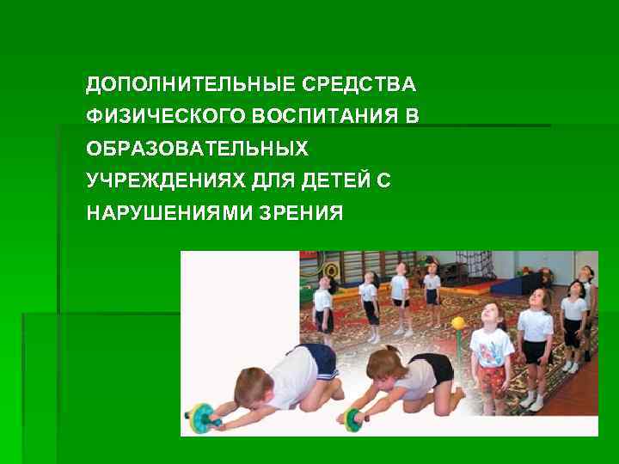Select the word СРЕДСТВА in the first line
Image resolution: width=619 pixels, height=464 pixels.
[x=361, y=85]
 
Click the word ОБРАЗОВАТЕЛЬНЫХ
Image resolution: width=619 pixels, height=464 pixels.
[x=197, y=149]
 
